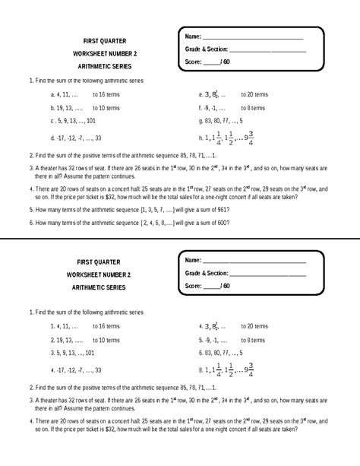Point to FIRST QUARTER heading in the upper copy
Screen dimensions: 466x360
point(106,40)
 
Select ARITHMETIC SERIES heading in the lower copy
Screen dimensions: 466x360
point(106,287)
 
